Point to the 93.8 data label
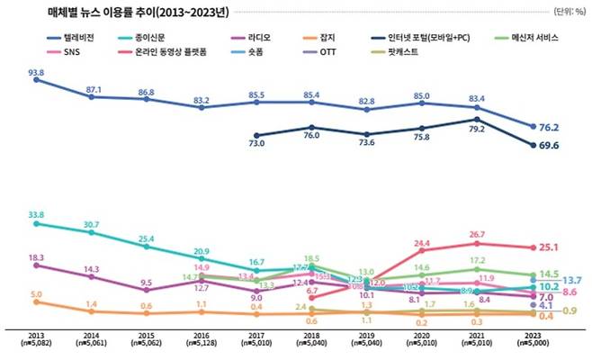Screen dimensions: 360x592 (37, 71)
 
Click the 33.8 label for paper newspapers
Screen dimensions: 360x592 (37, 215)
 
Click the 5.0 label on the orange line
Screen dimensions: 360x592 (35, 293)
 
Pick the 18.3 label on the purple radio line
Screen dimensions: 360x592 (36, 256)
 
